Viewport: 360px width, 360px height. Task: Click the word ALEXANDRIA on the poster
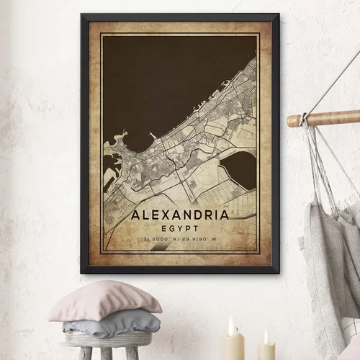[180, 215]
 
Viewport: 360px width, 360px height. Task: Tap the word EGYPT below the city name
[180, 226]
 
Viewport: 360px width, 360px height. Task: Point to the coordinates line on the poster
[180, 238]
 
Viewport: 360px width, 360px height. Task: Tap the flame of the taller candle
[232, 325]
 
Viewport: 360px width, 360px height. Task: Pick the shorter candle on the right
[266, 349]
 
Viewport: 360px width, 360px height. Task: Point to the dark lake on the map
[238, 169]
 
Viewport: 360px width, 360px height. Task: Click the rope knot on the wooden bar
[305, 117]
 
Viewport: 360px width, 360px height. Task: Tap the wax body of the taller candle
[232, 347]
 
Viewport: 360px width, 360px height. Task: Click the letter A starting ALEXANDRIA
[136, 215]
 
